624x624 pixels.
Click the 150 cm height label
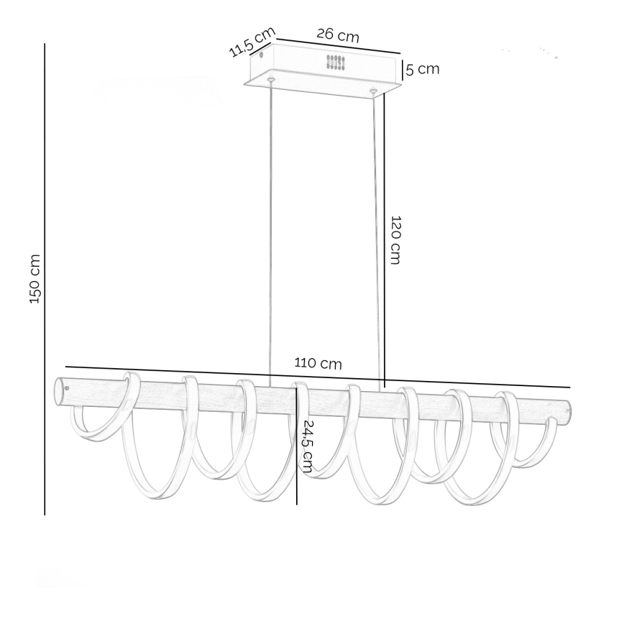(35, 279)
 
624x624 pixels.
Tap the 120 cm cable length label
(395, 239)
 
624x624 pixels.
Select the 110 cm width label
(318, 364)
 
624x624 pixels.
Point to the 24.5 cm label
(307, 446)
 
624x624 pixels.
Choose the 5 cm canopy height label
(422, 70)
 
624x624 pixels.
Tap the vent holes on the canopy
(336, 62)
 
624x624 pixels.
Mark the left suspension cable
(270, 230)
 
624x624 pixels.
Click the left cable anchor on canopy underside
(270, 78)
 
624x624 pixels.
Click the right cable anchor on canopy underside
(373, 91)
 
